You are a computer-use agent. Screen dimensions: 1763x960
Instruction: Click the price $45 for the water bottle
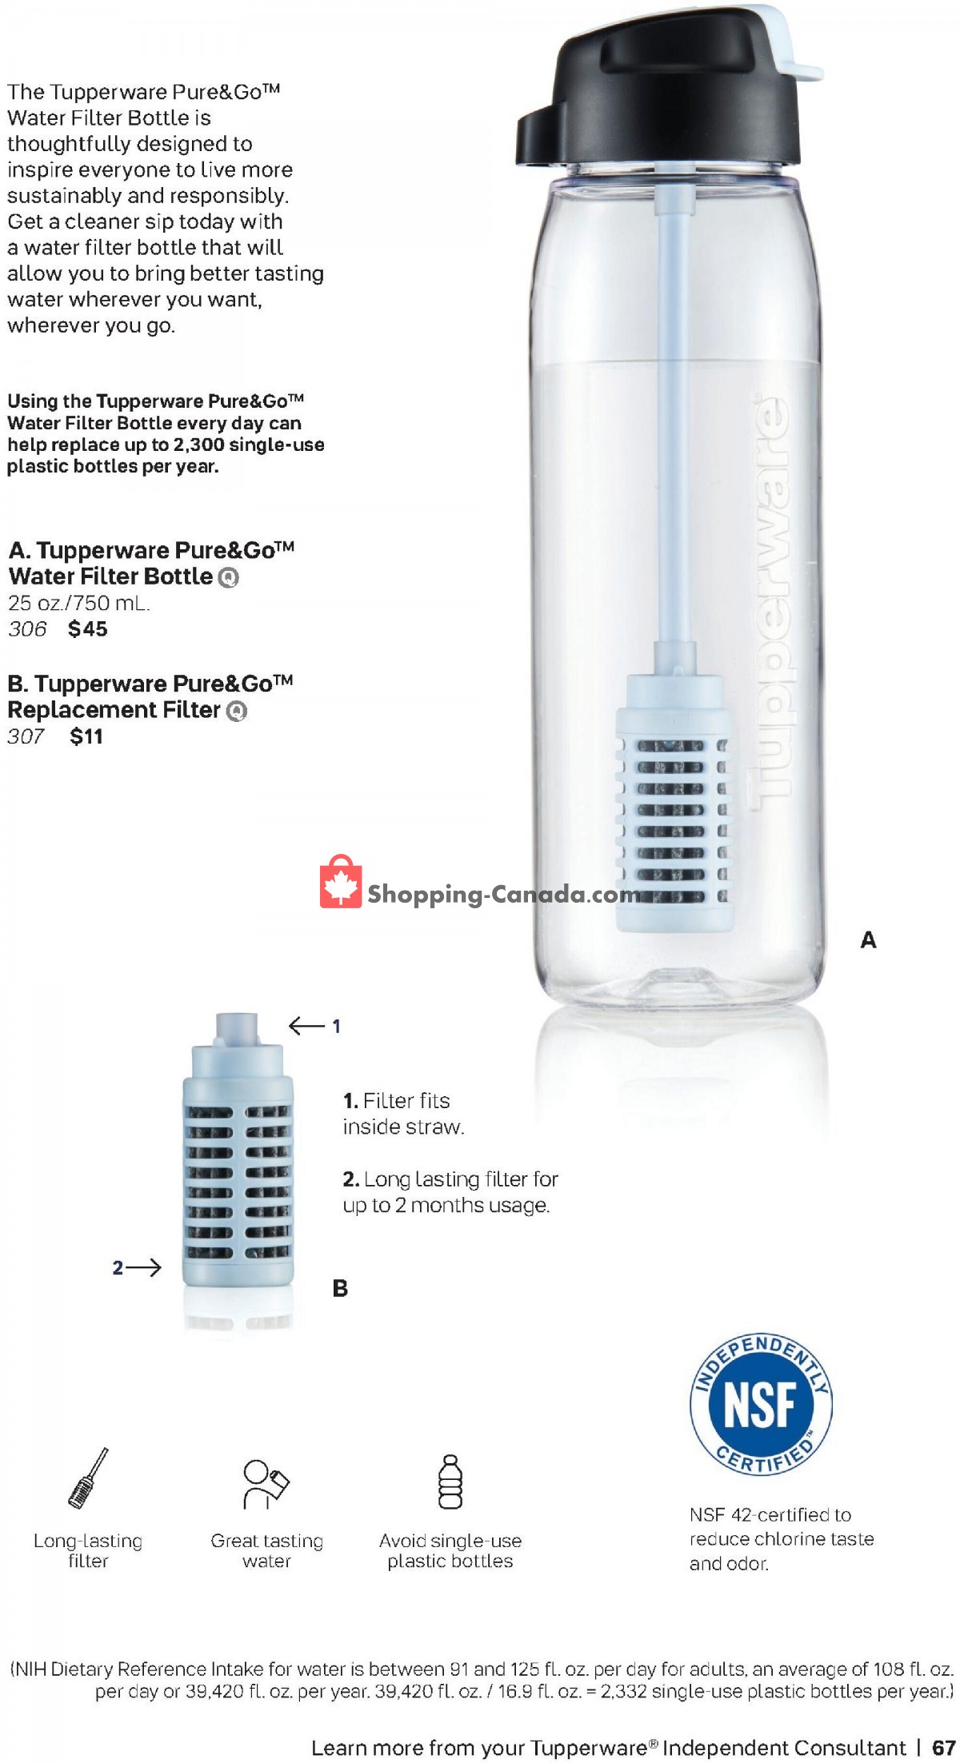coord(88,629)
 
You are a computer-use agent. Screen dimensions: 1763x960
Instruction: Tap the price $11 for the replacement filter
coord(86,736)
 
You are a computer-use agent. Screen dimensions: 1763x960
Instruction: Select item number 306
coord(28,629)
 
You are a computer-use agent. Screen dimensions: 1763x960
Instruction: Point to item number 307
coord(26,736)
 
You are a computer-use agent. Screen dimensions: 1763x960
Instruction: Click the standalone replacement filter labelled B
coord(238,1159)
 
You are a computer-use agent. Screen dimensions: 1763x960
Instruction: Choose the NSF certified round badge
coord(761,1405)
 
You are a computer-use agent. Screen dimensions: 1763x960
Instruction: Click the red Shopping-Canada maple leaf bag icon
coord(341,882)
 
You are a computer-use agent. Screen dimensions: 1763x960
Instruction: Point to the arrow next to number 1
coord(306,1026)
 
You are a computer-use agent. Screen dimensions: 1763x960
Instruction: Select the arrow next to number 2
coord(145,1267)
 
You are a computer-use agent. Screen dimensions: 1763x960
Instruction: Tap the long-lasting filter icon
coord(88,1478)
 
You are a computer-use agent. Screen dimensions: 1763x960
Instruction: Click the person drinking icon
coord(266,1484)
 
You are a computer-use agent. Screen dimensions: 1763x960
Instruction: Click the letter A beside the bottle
coord(868,940)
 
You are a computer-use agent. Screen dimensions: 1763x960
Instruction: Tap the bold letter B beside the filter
coord(340,1289)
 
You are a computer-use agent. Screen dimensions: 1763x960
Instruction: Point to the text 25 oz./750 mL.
coord(78,603)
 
